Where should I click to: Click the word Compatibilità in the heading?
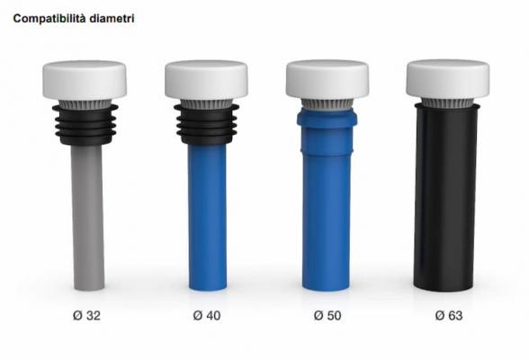(49, 19)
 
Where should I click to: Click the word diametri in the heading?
(112, 19)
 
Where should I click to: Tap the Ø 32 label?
(86, 316)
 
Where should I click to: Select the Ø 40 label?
(207, 316)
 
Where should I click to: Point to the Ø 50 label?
(327, 316)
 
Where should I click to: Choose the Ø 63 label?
(449, 316)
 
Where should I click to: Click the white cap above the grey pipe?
(85, 80)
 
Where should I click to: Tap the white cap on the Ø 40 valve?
(206, 80)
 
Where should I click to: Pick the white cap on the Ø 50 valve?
(327, 79)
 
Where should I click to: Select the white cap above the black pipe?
(448, 79)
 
